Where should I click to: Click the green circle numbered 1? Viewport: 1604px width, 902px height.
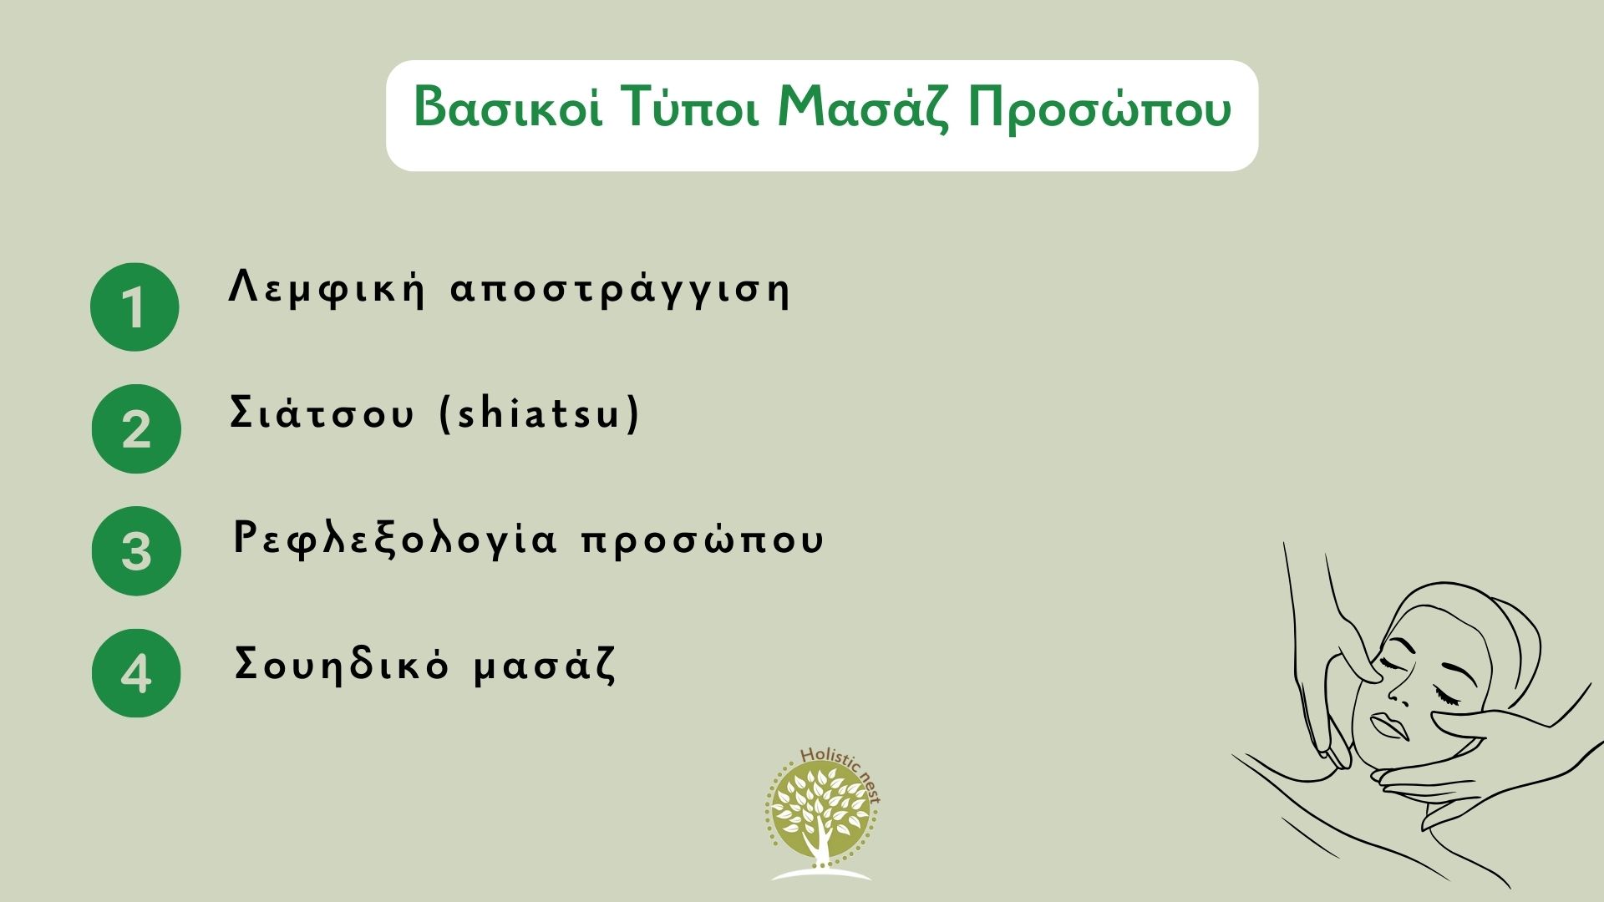[x=135, y=307]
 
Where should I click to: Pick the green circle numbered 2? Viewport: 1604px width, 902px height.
[x=135, y=428]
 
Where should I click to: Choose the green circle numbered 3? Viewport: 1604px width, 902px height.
[x=135, y=551]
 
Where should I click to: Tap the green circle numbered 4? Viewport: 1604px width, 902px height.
[x=135, y=673]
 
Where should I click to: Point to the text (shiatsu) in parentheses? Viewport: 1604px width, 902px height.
[x=540, y=413]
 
